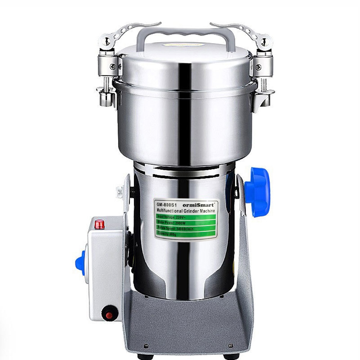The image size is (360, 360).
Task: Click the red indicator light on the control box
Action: tap(100, 225)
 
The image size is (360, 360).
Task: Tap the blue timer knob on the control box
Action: tap(80, 263)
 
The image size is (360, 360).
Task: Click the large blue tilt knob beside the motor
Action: tap(258, 192)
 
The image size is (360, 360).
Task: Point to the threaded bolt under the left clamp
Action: tap(105, 84)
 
